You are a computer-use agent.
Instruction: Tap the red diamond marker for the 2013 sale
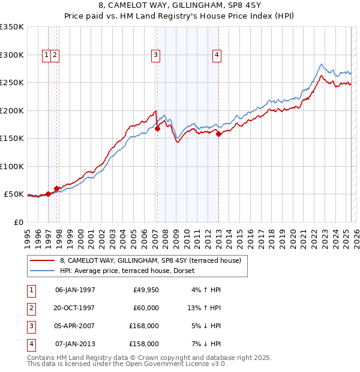218,134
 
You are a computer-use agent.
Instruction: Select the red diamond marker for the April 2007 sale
157,128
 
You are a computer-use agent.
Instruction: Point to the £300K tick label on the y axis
12,55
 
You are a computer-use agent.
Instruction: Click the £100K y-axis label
12,166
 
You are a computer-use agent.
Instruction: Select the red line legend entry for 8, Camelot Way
150,260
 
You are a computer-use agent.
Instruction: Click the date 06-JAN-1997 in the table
75,290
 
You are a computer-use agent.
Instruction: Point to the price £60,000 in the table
146,308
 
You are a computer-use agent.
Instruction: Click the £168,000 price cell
145,326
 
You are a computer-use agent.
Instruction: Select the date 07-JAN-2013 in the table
75,344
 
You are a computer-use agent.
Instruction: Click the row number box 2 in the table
30,308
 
